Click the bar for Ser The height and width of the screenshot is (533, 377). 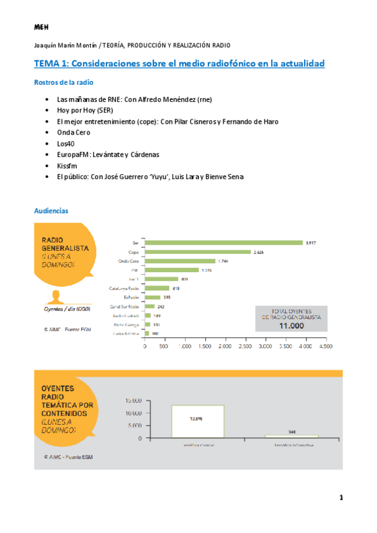(x=223, y=243)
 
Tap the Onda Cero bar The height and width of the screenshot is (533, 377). (x=179, y=261)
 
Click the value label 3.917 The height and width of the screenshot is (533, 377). (x=311, y=243)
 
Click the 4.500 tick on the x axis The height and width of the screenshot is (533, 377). (x=325, y=346)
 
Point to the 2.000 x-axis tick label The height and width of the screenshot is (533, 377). (x=225, y=346)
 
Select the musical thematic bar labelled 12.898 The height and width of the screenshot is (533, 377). (x=197, y=421)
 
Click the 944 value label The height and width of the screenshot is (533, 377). (x=291, y=432)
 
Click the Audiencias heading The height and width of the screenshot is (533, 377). (x=51, y=211)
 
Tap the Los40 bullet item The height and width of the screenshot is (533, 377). (x=65, y=143)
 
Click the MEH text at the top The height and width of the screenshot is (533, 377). (x=42, y=27)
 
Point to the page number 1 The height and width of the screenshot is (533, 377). (x=340, y=498)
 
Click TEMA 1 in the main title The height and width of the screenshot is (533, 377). (x=53, y=64)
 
